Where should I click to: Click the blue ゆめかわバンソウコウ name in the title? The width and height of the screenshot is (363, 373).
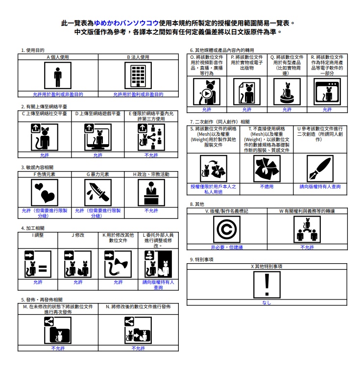[x=126, y=23]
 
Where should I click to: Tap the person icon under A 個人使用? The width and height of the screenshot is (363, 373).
[x=58, y=75]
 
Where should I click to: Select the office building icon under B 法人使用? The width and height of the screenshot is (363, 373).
[x=138, y=75]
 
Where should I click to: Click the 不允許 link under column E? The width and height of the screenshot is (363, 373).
[x=151, y=155]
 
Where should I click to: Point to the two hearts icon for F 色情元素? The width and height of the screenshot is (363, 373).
[x=45, y=193]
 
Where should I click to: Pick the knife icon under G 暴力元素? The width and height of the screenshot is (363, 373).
[x=98, y=193]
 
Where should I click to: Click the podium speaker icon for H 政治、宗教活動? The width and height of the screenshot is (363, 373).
[x=151, y=193]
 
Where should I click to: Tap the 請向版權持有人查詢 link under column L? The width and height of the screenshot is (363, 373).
[x=158, y=285]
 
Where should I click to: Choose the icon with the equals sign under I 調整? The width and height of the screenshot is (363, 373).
[x=38, y=264]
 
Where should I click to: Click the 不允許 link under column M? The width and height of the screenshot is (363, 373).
[x=58, y=348]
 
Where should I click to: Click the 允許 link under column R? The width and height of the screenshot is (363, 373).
[x=327, y=109]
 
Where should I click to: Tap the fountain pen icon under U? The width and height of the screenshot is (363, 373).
[x=320, y=169]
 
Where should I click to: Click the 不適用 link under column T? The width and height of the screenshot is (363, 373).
[x=266, y=186]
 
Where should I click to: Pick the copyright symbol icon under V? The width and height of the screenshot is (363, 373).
[x=227, y=229]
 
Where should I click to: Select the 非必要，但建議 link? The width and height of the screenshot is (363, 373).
[x=227, y=247]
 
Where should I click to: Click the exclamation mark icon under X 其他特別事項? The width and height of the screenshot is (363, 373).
[x=267, y=285]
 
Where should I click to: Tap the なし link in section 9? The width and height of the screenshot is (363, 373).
[x=266, y=302]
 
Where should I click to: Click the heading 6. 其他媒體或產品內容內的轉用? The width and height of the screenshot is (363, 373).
[x=222, y=50]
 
